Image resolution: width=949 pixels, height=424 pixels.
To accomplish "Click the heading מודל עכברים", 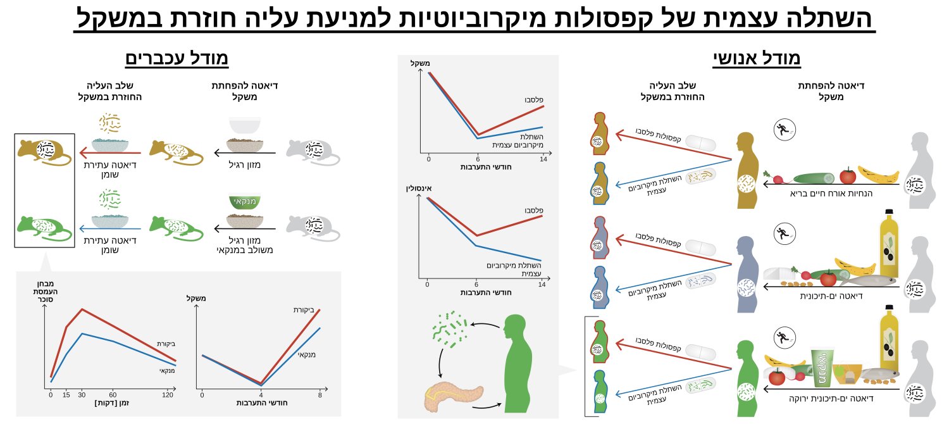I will click(x=177, y=59).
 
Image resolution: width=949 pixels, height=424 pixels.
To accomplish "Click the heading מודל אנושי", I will click(x=757, y=59).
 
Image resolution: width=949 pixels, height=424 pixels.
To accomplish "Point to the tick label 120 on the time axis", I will click(x=167, y=395).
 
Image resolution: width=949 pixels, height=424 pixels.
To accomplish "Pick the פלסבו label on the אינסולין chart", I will click(x=533, y=210).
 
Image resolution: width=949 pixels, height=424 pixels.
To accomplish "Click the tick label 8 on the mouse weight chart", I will click(x=320, y=395).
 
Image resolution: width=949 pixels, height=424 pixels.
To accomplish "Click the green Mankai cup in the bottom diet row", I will click(x=822, y=368).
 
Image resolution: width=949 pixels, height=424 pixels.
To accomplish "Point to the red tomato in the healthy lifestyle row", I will click(x=848, y=175).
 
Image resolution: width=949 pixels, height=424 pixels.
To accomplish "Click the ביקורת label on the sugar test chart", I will click(x=166, y=344).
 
